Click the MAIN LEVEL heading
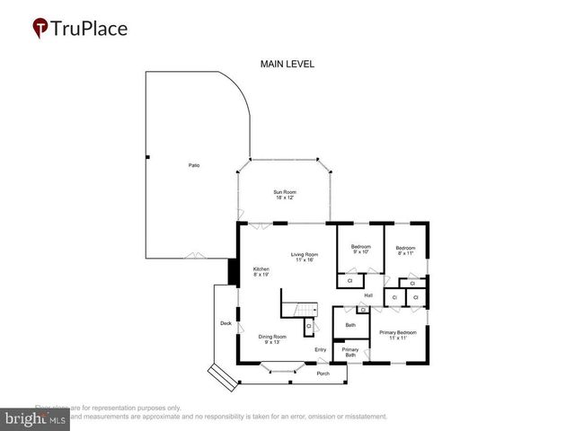click(287, 64)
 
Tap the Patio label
click(194, 166)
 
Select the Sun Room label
click(285, 195)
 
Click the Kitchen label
click(261, 272)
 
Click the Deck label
click(226, 323)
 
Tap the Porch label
click(323, 374)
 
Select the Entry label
click(320, 349)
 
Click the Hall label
click(368, 295)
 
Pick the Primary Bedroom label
click(397, 335)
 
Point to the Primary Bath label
click(350, 352)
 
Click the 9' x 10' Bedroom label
click(361, 250)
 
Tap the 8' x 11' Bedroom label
click(405, 251)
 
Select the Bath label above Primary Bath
click(350, 324)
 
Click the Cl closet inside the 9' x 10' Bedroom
click(349, 281)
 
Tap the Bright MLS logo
click(36, 419)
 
